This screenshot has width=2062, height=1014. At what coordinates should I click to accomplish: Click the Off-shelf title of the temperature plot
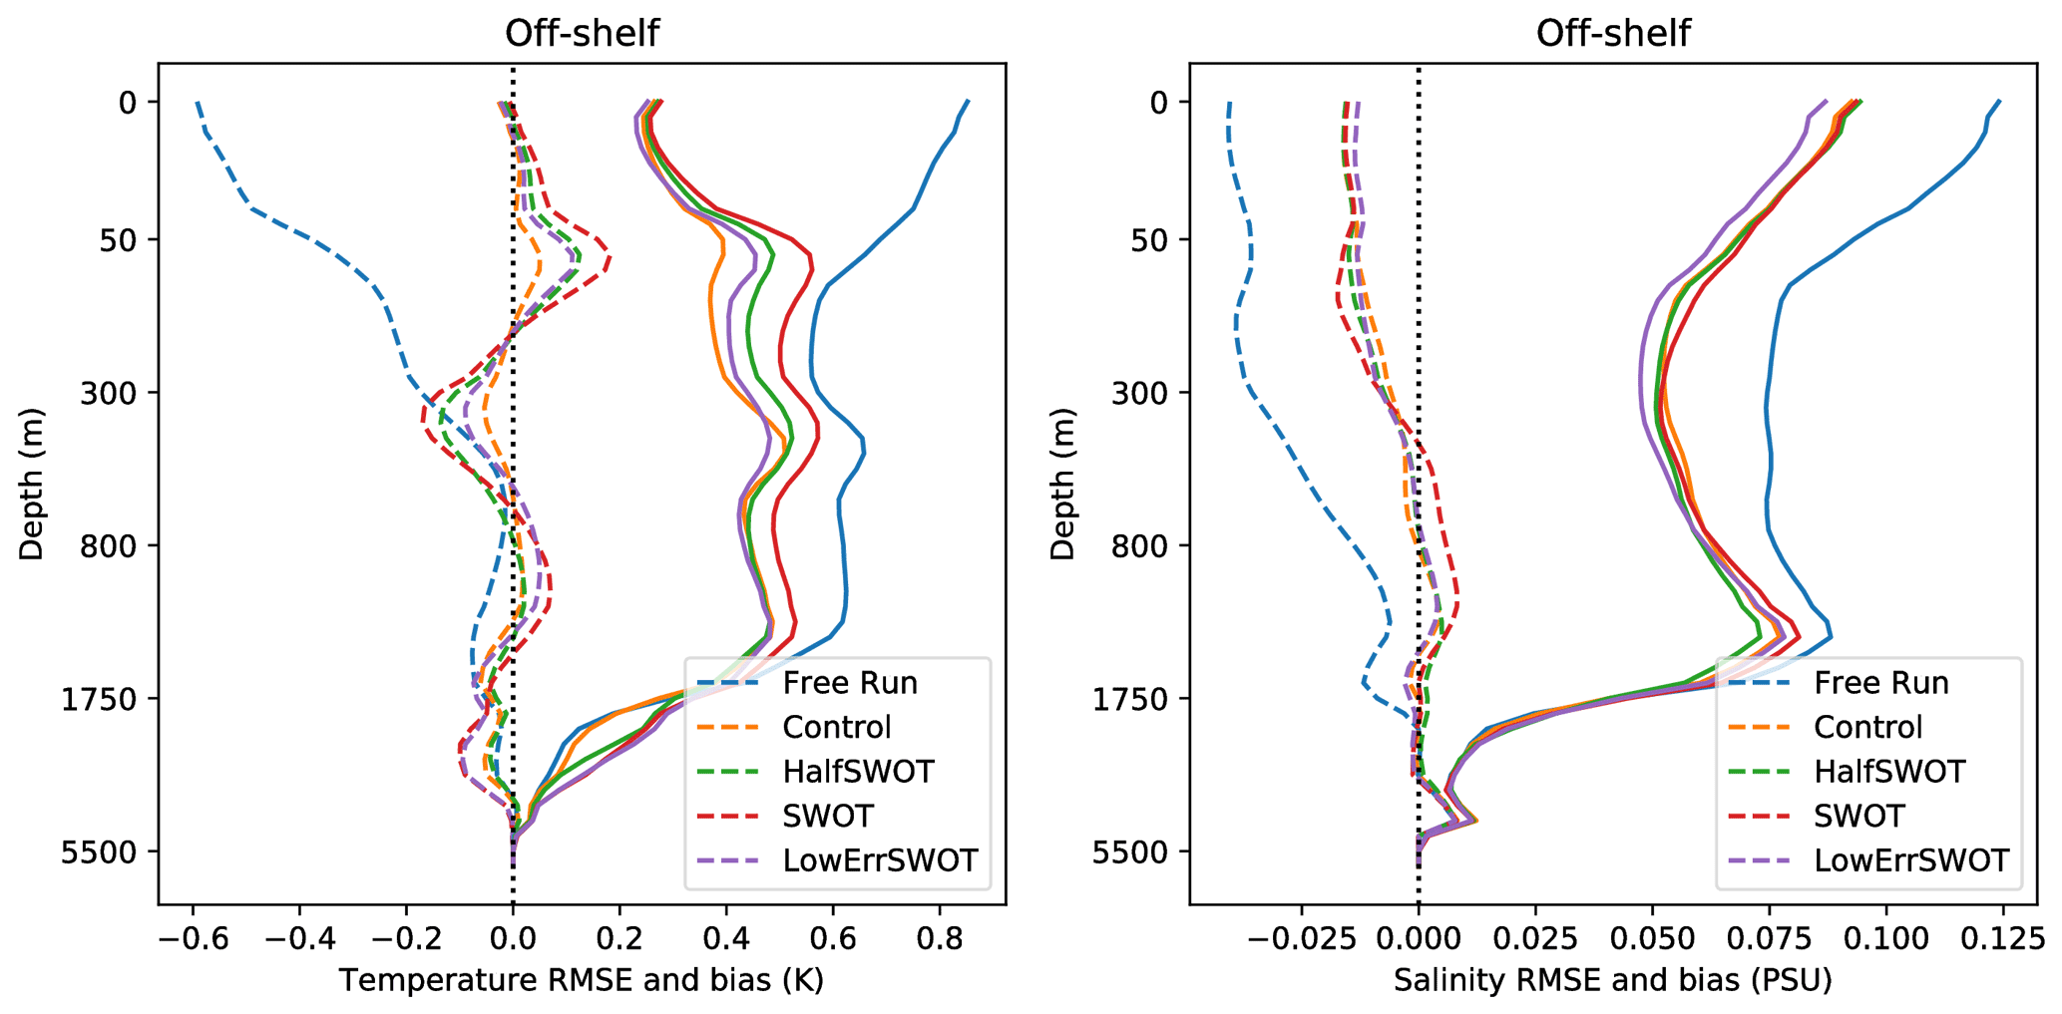tap(582, 33)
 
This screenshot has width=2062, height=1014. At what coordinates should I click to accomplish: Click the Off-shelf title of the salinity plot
tap(1612, 33)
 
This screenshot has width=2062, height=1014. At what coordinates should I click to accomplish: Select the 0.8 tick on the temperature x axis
tap(939, 938)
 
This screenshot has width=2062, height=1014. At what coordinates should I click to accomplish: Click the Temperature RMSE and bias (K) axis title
tap(582, 981)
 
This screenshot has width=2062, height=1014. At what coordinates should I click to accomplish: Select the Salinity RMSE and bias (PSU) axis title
tap(1612, 981)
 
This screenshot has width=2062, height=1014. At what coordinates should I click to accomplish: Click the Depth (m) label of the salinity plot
tap(1063, 484)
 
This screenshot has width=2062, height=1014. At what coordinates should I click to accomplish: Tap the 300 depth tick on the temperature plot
tap(109, 393)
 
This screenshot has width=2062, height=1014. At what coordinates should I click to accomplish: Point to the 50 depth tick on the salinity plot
tap(1147, 239)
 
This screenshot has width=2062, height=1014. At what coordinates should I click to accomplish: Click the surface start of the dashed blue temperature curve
tap(198, 102)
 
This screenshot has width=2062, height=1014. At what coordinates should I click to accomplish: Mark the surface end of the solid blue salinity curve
tap(1999, 102)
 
